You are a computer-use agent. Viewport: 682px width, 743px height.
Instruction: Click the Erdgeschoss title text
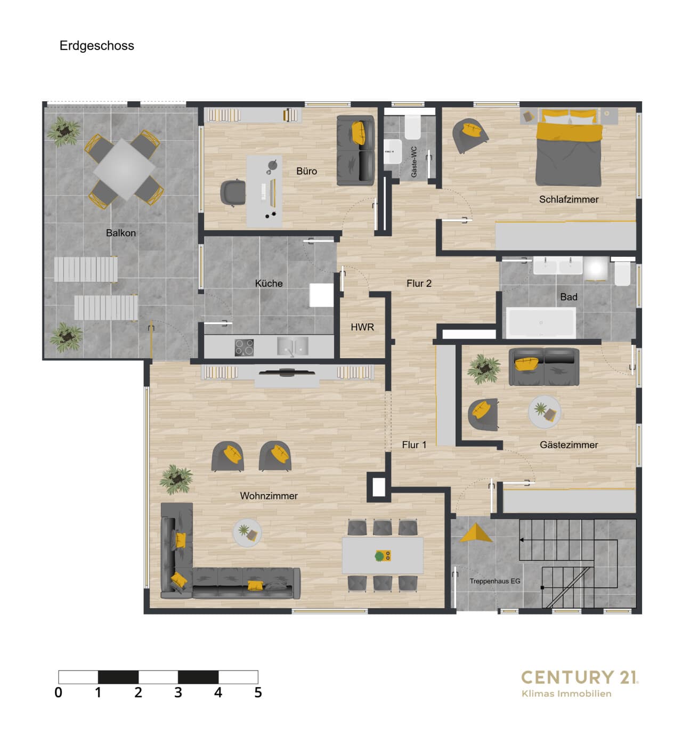(x=96, y=46)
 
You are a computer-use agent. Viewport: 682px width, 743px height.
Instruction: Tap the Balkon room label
(x=121, y=233)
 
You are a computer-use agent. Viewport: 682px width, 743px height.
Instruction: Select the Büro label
(x=306, y=171)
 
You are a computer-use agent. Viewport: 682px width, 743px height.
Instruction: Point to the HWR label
(x=362, y=327)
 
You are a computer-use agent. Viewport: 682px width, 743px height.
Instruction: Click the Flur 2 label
(x=419, y=284)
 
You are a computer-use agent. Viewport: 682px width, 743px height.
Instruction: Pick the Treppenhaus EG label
(x=494, y=581)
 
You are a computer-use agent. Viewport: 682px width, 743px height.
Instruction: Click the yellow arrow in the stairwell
(x=476, y=534)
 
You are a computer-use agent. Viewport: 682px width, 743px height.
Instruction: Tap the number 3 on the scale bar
(x=178, y=692)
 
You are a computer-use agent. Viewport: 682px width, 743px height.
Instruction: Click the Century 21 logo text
(x=580, y=677)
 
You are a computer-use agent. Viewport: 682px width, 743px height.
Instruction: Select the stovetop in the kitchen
(x=244, y=348)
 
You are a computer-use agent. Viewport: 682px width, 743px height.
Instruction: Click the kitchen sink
(x=293, y=346)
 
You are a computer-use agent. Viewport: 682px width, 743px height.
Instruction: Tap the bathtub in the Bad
(x=541, y=322)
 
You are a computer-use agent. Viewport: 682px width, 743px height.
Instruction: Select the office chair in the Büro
(x=232, y=192)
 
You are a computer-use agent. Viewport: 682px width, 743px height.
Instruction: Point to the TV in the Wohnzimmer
(x=287, y=372)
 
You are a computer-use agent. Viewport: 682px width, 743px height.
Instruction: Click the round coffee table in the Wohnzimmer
(x=247, y=532)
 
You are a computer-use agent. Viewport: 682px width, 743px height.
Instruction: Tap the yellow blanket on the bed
(x=569, y=132)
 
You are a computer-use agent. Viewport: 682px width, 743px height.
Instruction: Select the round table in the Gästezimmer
(x=544, y=412)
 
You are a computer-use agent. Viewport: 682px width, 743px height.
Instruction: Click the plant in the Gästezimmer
(x=484, y=369)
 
